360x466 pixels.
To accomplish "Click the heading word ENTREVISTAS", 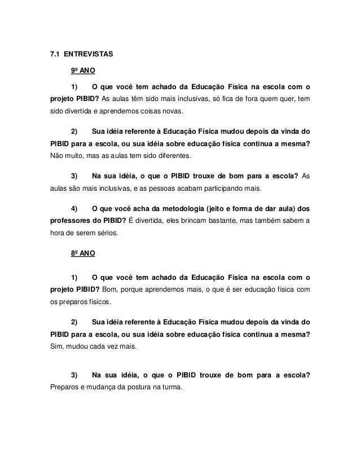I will (x=88, y=55).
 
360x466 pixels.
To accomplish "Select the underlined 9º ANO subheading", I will (x=82, y=71).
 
